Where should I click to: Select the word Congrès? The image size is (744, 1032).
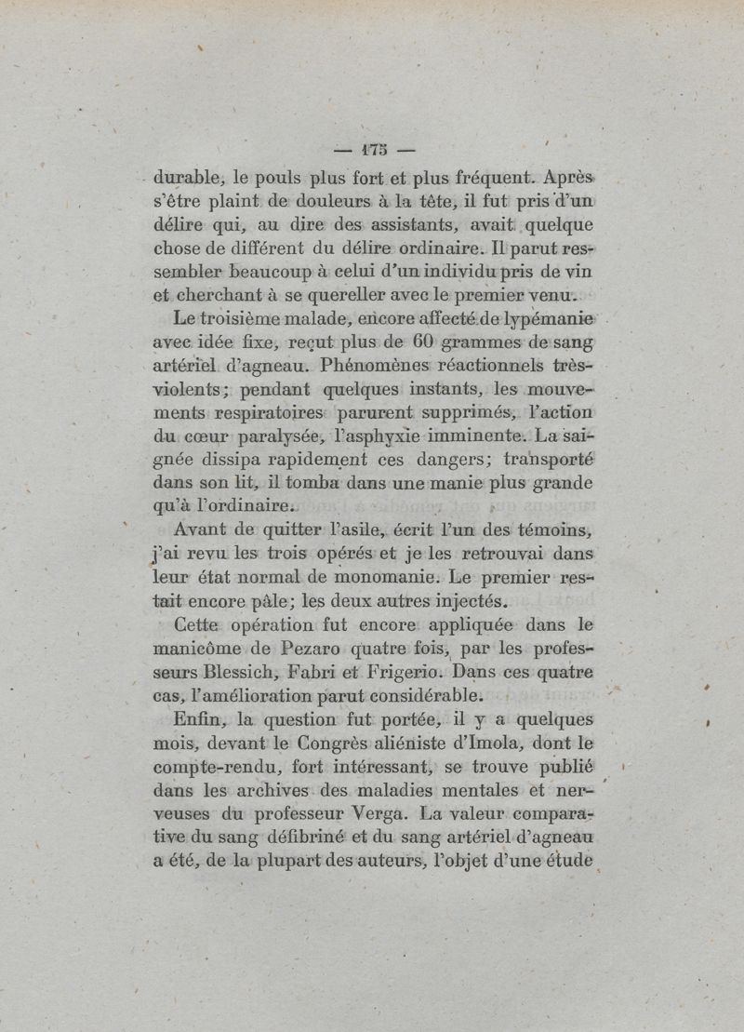(338, 744)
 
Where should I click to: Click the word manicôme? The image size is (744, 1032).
(195, 649)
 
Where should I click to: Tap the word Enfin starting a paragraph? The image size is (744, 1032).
(195, 720)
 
